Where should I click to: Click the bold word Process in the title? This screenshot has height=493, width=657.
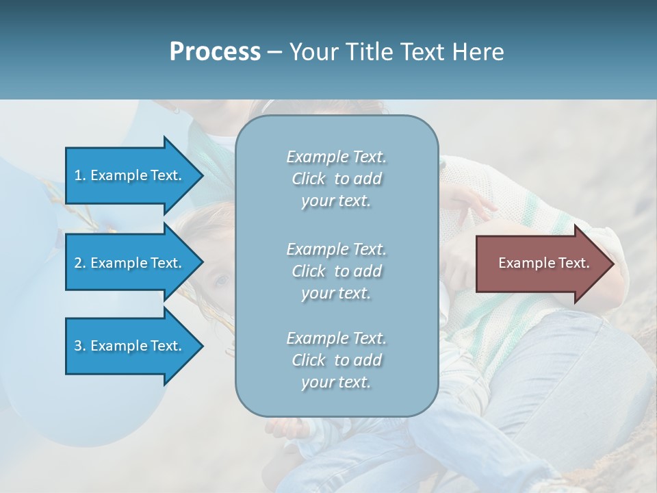215,52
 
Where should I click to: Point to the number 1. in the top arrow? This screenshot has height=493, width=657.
80,175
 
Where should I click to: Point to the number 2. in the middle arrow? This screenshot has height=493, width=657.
80,263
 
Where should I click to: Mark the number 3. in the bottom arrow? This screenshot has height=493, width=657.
80,346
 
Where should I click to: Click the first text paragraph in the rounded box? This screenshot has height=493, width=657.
336,179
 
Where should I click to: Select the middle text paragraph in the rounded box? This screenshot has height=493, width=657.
336,271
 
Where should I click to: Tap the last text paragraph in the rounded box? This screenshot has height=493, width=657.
336,360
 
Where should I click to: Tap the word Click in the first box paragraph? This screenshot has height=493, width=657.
309,179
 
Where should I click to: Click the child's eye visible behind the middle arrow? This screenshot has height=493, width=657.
222,279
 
